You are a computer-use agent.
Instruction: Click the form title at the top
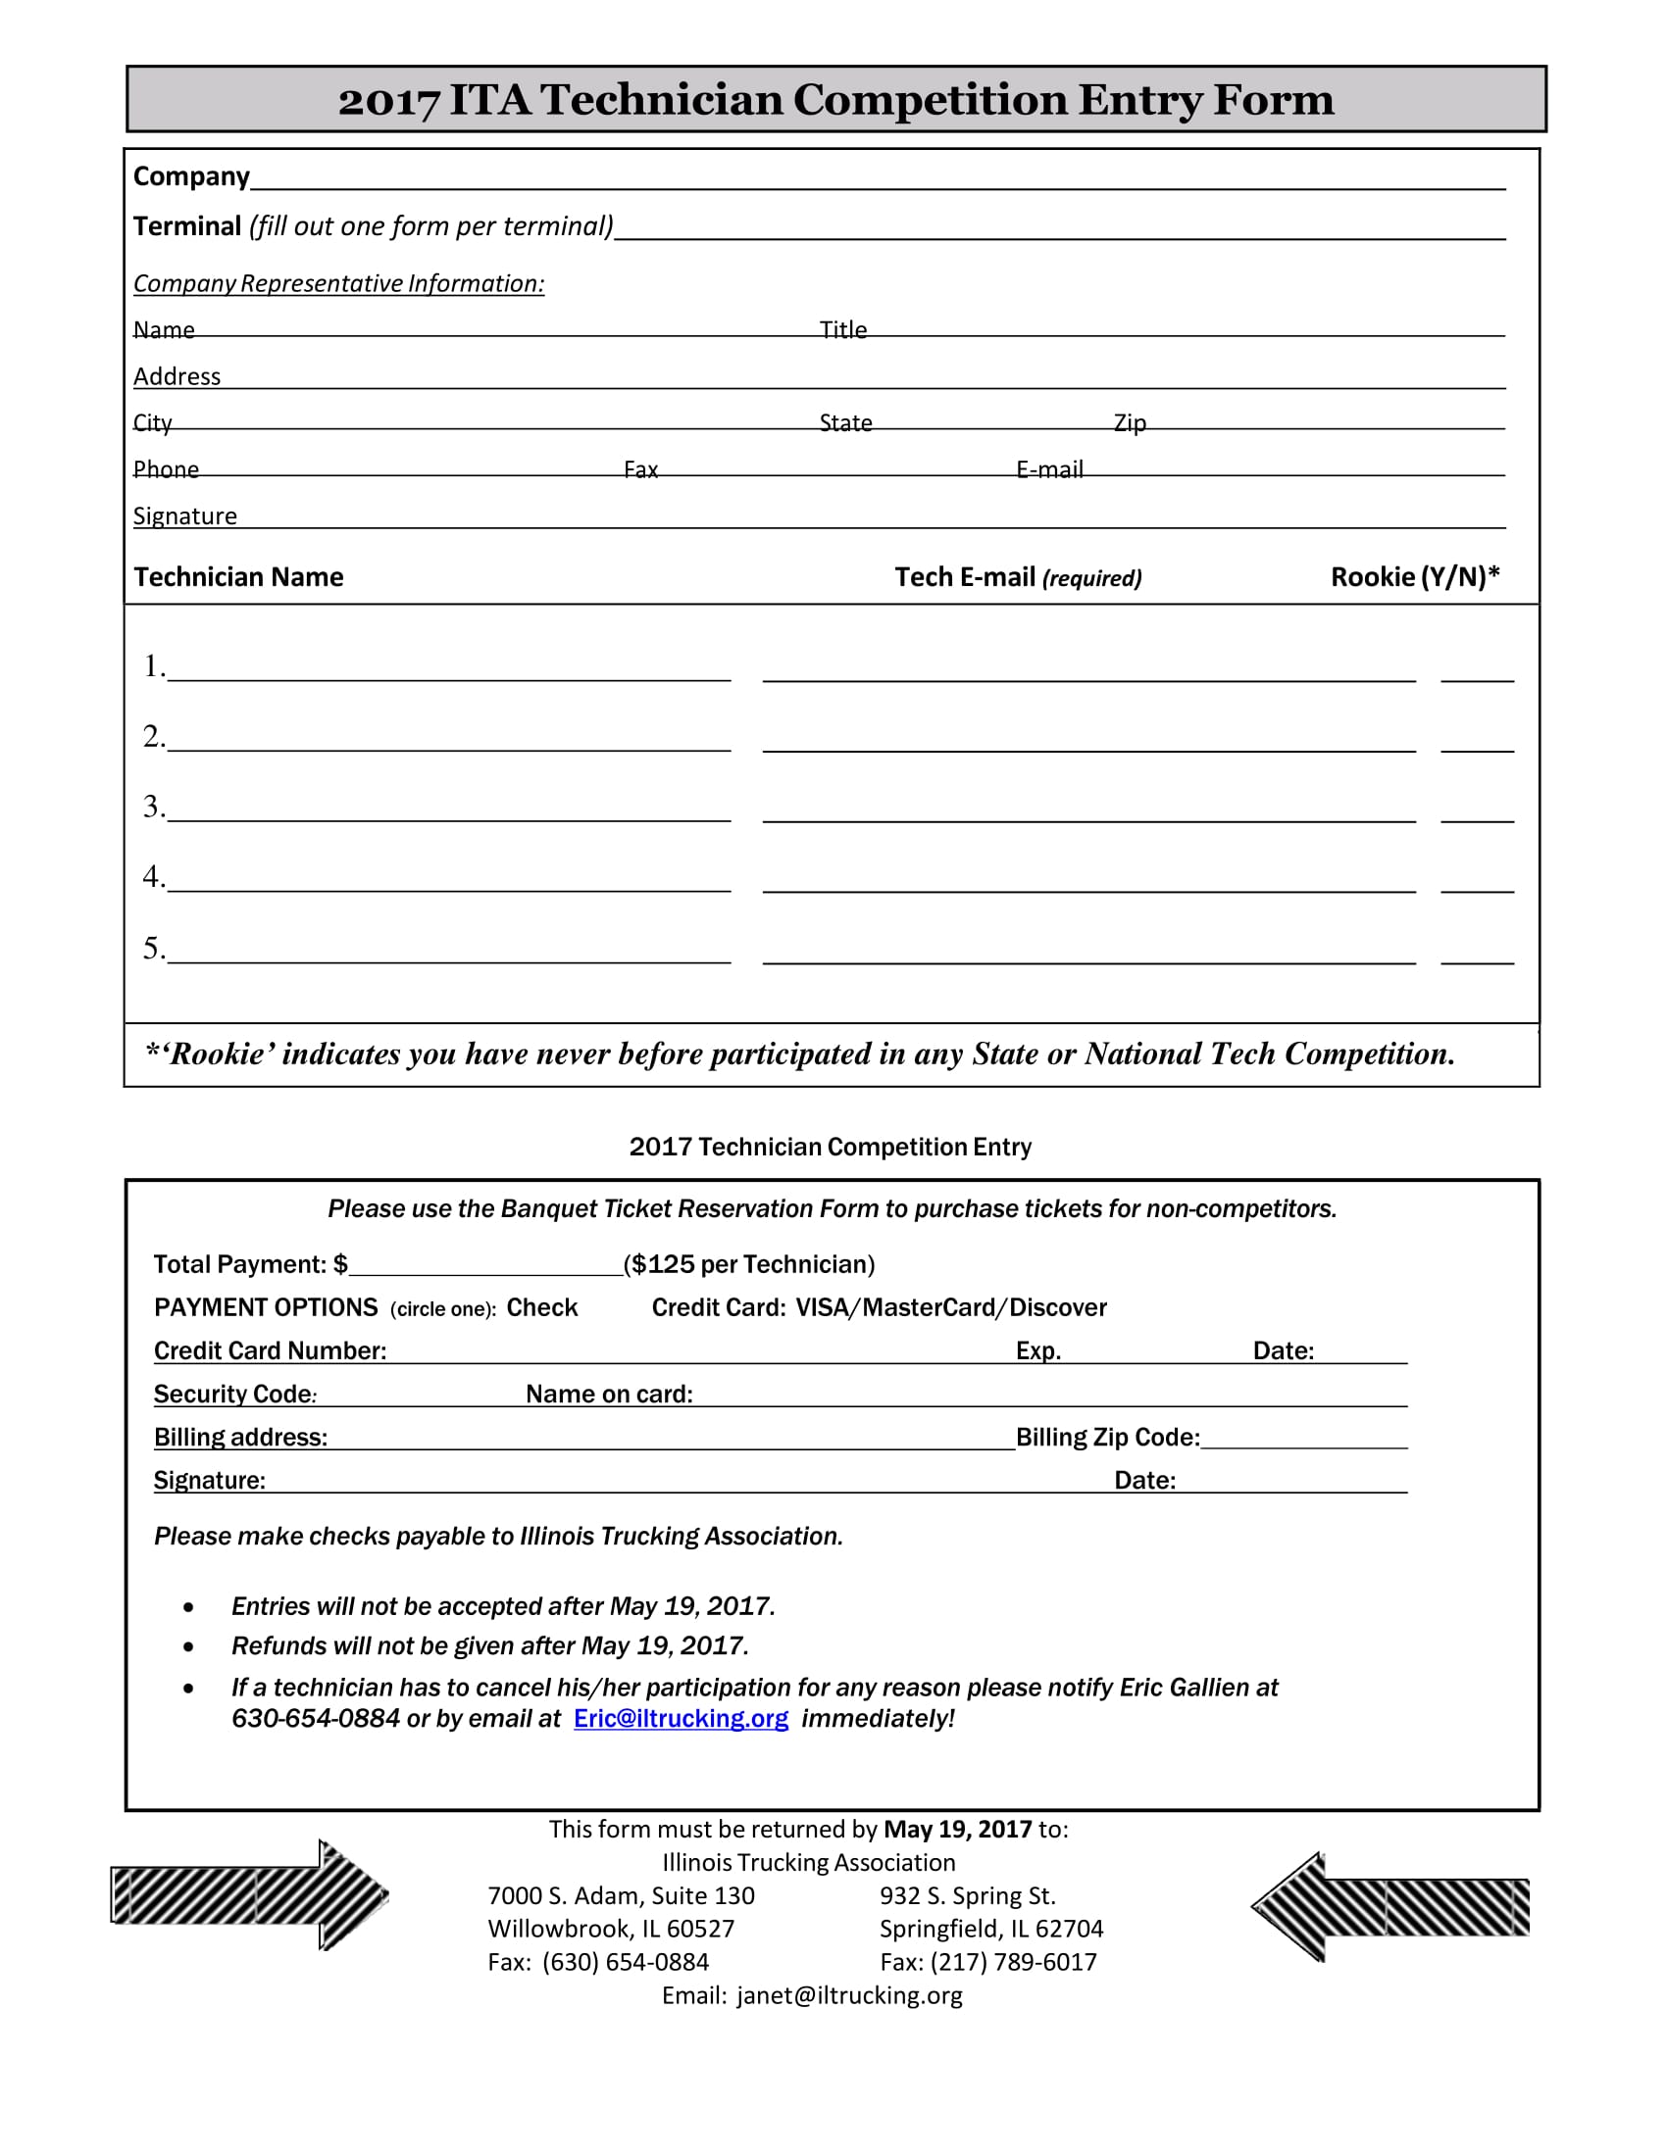[835, 100]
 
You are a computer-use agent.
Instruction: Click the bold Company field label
[191, 176]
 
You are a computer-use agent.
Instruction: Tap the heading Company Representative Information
[338, 283]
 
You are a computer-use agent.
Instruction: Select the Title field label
[842, 328]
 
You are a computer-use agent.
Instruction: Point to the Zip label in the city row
[1129, 422]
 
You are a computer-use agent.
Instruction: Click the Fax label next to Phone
[640, 468]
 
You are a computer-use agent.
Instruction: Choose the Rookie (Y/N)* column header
[1414, 576]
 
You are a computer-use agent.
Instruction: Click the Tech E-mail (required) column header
[1017, 577]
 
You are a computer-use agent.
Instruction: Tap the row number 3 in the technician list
[152, 807]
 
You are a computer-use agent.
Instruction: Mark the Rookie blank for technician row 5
[1477, 951]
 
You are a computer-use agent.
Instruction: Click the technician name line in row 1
[449, 668]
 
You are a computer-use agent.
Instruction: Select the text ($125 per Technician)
[748, 1264]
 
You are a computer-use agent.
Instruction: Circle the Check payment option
[541, 1308]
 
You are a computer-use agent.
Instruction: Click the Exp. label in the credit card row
[1037, 1350]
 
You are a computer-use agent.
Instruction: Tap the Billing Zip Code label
[1107, 1438]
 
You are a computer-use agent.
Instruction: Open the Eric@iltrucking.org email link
[681, 1719]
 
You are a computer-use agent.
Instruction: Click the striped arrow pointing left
[1389, 1907]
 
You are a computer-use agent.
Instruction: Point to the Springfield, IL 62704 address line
[990, 1928]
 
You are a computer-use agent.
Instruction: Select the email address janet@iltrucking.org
[848, 1995]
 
